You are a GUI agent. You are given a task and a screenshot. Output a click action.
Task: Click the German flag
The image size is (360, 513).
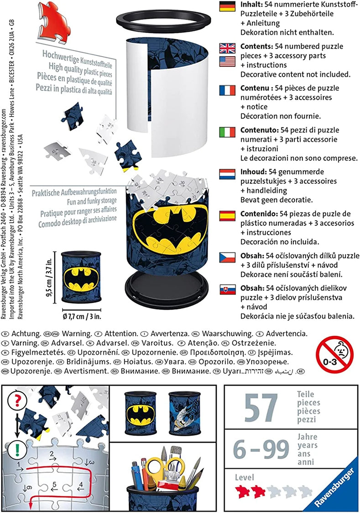point(227,6)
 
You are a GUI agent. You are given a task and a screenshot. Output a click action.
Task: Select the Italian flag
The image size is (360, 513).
point(227,132)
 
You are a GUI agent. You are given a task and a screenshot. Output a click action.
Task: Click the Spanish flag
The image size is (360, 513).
point(227,215)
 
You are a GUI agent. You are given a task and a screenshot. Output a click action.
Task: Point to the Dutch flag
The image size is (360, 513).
point(227,174)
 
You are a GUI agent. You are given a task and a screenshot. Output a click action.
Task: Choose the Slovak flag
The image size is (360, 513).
point(227,289)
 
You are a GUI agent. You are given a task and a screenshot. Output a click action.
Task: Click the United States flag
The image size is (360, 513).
point(227,62)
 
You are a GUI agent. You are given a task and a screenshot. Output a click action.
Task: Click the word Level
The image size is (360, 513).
point(245,477)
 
